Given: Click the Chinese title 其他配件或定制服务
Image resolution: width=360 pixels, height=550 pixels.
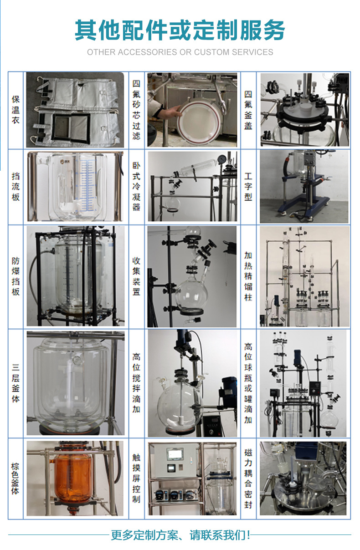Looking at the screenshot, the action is point(180,30).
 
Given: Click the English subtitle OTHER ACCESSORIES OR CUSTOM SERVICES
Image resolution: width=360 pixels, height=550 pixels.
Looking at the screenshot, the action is point(180,52).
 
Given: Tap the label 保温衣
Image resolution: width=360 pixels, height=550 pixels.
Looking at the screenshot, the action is point(15,110).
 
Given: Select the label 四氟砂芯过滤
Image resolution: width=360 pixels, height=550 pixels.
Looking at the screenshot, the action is point(136,110).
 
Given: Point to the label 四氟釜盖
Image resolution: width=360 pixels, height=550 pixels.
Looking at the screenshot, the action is point(248,110).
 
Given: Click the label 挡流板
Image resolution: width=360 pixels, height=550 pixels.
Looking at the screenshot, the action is point(15,187).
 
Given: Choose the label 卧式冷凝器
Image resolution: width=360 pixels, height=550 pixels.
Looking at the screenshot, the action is point(136,187).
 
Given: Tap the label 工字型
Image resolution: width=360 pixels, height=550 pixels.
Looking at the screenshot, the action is point(248,187).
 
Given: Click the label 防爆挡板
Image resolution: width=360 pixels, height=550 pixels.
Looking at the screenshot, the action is point(15,276).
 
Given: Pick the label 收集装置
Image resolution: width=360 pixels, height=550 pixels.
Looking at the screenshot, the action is point(136,276).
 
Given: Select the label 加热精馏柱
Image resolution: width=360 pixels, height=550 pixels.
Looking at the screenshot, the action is point(248,276).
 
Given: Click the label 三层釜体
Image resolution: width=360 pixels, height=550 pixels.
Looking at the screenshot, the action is point(15,383).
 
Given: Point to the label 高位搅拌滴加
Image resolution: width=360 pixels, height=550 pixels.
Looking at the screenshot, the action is point(136,383).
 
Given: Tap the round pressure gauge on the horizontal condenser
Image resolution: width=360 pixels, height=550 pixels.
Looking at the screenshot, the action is point(221,158).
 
